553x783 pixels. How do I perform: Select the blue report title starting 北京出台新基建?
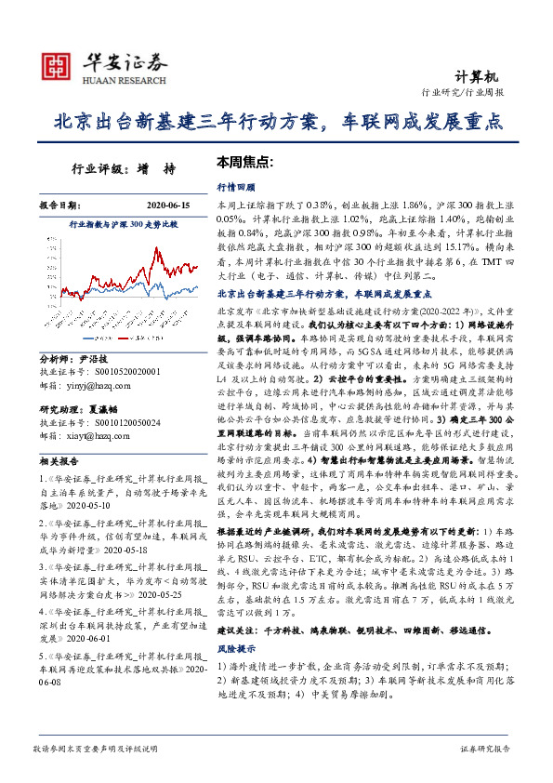(277, 122)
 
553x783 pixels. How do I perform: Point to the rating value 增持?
(162, 169)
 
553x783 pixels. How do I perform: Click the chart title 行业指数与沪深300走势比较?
(123, 225)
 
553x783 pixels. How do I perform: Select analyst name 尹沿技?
(94, 358)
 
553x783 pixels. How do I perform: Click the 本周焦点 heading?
(244, 161)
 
